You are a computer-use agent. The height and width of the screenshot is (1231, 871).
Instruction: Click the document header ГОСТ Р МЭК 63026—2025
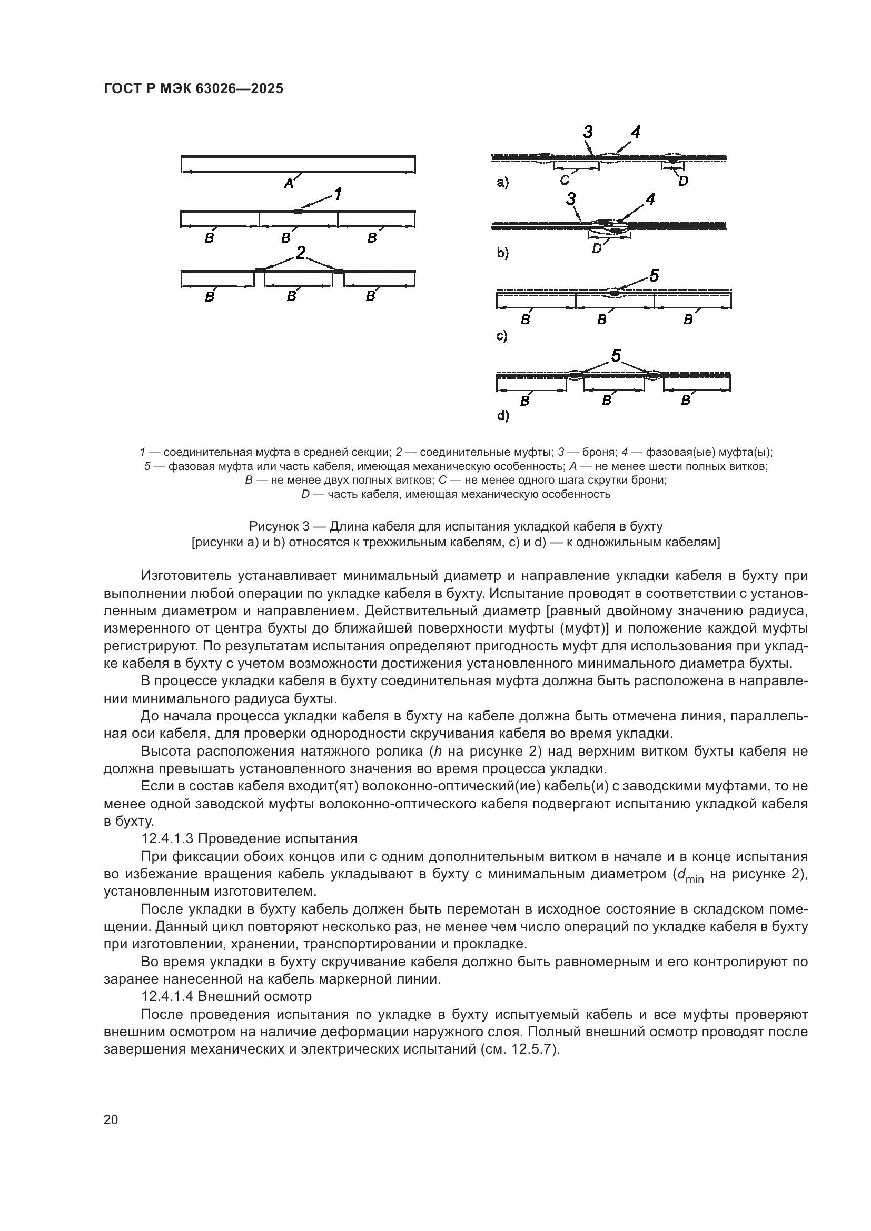tap(193, 89)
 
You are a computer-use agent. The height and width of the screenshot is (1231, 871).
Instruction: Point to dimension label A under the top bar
tap(289, 183)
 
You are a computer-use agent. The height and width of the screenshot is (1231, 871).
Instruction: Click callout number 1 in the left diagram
tap(338, 194)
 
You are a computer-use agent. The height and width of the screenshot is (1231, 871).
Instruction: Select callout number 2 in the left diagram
tap(300, 253)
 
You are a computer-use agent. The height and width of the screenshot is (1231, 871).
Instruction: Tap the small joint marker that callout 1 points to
tap(298, 211)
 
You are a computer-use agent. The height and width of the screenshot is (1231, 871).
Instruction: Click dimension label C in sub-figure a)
tap(564, 180)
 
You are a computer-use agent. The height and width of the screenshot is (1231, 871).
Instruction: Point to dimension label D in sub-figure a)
tap(683, 181)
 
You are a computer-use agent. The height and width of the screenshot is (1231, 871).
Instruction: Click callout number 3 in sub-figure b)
tap(571, 199)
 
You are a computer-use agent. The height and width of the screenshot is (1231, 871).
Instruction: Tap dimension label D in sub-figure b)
tap(597, 249)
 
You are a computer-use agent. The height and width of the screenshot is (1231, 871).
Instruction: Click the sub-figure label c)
tap(501, 336)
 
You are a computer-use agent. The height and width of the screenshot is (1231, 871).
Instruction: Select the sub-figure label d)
tap(502, 416)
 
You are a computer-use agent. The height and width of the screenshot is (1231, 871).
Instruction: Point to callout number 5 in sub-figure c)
tap(654, 276)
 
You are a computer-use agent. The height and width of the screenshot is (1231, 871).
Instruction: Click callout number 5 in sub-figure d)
tap(616, 355)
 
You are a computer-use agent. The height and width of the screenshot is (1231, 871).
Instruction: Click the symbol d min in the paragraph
tap(690, 875)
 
